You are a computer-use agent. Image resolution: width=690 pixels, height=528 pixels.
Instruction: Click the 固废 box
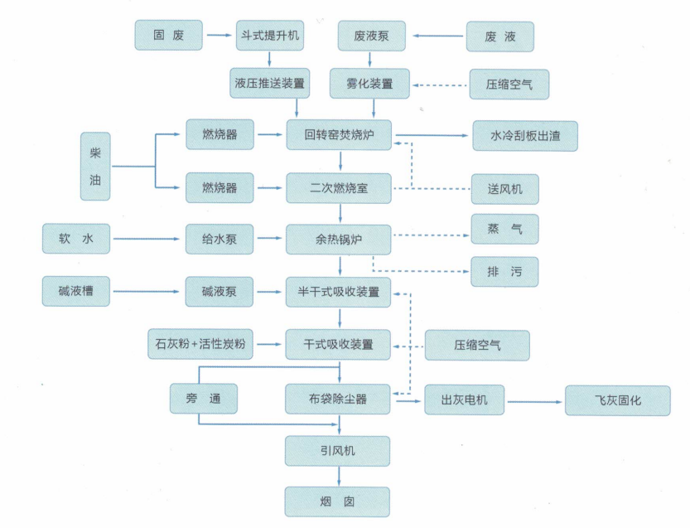point(168,36)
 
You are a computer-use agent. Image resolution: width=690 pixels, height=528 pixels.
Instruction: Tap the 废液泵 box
point(373,36)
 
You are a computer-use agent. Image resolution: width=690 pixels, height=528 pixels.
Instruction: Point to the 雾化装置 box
point(373,84)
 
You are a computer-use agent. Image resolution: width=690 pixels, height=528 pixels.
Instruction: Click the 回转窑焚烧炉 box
point(340,135)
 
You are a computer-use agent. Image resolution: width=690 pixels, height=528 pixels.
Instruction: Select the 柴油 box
point(95,166)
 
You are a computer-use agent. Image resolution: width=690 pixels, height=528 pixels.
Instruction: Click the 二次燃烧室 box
point(340,187)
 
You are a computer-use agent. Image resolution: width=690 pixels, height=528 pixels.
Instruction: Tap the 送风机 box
point(505,188)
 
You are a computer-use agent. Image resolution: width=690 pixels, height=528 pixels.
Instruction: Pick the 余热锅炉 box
point(340,240)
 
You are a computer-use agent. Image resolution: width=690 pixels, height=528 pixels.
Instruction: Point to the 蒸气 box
point(505,229)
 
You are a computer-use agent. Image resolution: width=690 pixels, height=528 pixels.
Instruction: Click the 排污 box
point(505,271)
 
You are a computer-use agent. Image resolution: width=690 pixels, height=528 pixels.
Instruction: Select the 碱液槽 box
point(76,292)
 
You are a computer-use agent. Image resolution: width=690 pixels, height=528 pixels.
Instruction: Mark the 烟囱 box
point(338,501)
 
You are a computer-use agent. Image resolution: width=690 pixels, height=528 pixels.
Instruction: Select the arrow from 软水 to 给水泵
point(147,240)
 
